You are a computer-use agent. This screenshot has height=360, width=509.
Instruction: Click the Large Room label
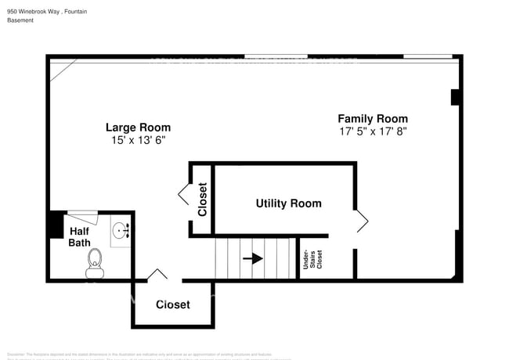coord(138,128)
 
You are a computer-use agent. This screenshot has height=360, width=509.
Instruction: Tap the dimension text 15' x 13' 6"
coord(138,140)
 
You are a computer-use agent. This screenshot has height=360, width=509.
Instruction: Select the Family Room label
coord(372,119)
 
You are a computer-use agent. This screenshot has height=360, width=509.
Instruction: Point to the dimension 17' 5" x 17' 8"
coord(372,131)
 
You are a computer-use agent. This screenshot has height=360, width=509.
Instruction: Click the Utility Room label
coord(288,203)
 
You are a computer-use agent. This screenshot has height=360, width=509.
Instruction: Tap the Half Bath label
coord(80,237)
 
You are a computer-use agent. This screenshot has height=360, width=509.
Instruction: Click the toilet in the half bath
coord(95,263)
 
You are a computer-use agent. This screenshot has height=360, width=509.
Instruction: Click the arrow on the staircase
coord(252,258)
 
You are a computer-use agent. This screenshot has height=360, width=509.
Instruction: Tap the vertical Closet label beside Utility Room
coord(203,200)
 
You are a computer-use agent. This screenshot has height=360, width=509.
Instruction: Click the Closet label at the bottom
coord(172,304)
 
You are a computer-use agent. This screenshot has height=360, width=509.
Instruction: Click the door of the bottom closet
coord(157,275)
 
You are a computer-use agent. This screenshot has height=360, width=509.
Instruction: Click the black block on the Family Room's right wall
coord(455,97)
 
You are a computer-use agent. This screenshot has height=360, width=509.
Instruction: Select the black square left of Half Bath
coord(56,225)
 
